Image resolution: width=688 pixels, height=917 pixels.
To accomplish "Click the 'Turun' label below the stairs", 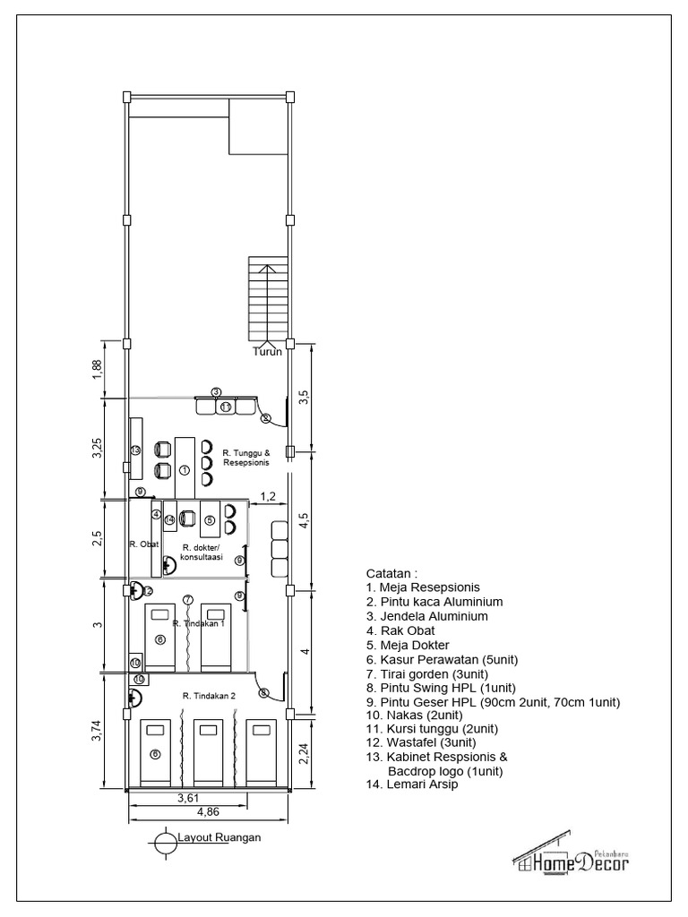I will tap(267, 352).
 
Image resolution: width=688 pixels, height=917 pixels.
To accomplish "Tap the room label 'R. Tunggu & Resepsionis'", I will tap(245, 458).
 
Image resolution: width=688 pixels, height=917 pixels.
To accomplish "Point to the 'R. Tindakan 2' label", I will tap(208, 696).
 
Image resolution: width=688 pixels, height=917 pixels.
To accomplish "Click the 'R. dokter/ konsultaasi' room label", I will tap(202, 553).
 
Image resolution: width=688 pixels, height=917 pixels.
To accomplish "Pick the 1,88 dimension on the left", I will tap(98, 369).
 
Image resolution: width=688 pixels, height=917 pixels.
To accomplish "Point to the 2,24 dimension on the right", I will tap(305, 754).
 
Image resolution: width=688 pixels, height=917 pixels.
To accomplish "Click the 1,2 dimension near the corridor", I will tap(267, 495).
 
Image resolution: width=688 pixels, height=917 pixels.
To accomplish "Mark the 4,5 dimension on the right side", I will tap(305, 520).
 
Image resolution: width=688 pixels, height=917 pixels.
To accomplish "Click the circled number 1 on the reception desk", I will tap(184, 469).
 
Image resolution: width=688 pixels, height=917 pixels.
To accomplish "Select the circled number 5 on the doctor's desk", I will tap(210, 519).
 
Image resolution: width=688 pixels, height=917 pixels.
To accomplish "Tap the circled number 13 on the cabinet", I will tap(135, 450).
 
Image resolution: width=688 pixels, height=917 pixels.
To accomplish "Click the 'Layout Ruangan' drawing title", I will tap(219, 838).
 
